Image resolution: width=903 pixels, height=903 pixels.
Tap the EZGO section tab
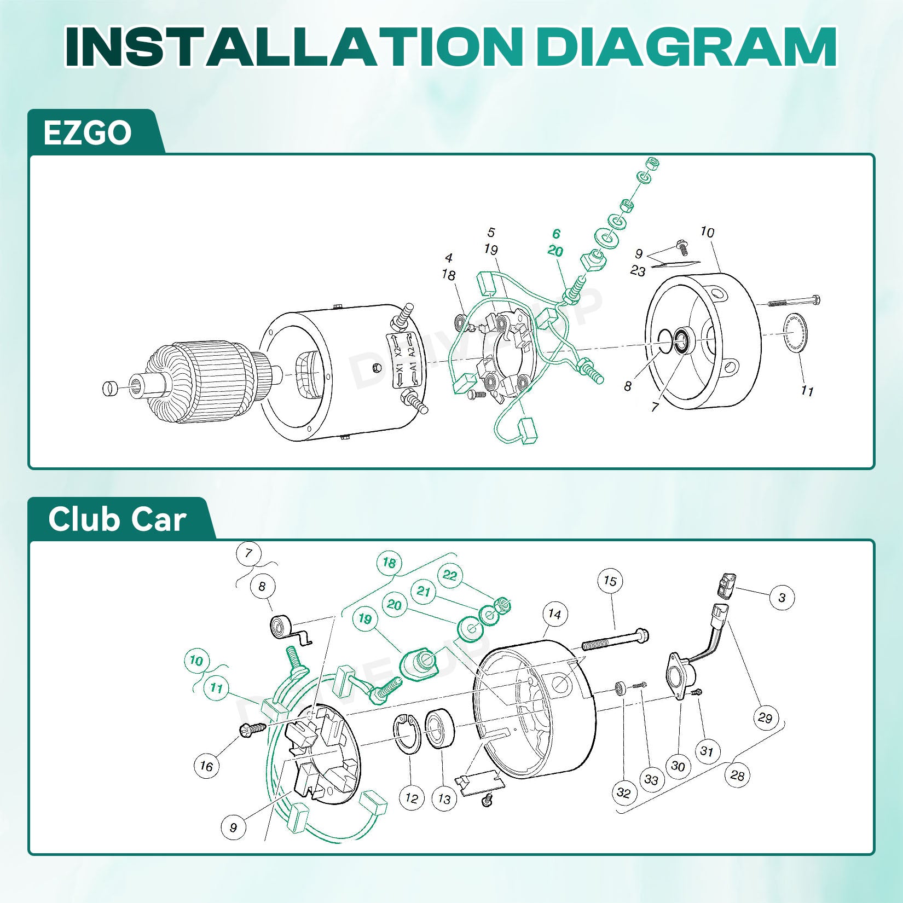coord(88,133)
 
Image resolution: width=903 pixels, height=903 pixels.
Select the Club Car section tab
coord(117,519)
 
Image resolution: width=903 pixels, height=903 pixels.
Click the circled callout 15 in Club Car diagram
coord(610,581)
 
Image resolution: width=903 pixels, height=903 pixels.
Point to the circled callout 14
coord(554,614)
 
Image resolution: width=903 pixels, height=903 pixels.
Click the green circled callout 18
coord(389,563)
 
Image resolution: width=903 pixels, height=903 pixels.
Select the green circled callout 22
coord(450,575)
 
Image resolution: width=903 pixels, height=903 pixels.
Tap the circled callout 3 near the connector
coord(782,598)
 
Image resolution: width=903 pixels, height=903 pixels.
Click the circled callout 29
coord(765,717)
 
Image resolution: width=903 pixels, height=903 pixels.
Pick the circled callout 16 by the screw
coord(206,766)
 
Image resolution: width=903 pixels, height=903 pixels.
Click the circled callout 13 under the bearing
coord(444,800)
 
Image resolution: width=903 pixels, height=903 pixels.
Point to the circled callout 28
coord(738,775)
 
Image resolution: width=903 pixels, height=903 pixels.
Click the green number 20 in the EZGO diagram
coord(555,251)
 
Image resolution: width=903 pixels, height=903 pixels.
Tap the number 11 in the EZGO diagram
coord(807,391)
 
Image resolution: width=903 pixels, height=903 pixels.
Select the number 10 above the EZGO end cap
coord(707,232)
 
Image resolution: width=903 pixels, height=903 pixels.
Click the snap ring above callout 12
coord(407,733)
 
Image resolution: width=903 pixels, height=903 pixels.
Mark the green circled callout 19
coord(365,620)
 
